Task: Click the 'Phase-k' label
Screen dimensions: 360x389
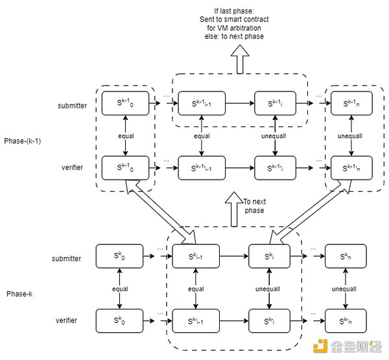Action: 22,294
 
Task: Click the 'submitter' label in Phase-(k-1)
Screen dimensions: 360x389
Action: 71,106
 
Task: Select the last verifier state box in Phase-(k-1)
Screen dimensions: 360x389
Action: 351,167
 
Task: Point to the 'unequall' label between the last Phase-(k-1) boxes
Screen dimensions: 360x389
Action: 351,137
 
